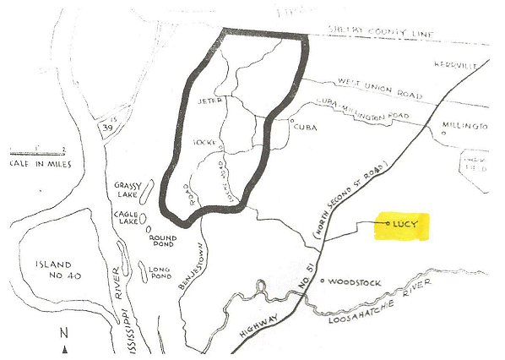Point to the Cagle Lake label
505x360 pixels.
[x=128, y=219]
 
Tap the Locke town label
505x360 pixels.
[x=205, y=142]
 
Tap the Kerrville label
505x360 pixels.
[x=473, y=64]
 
